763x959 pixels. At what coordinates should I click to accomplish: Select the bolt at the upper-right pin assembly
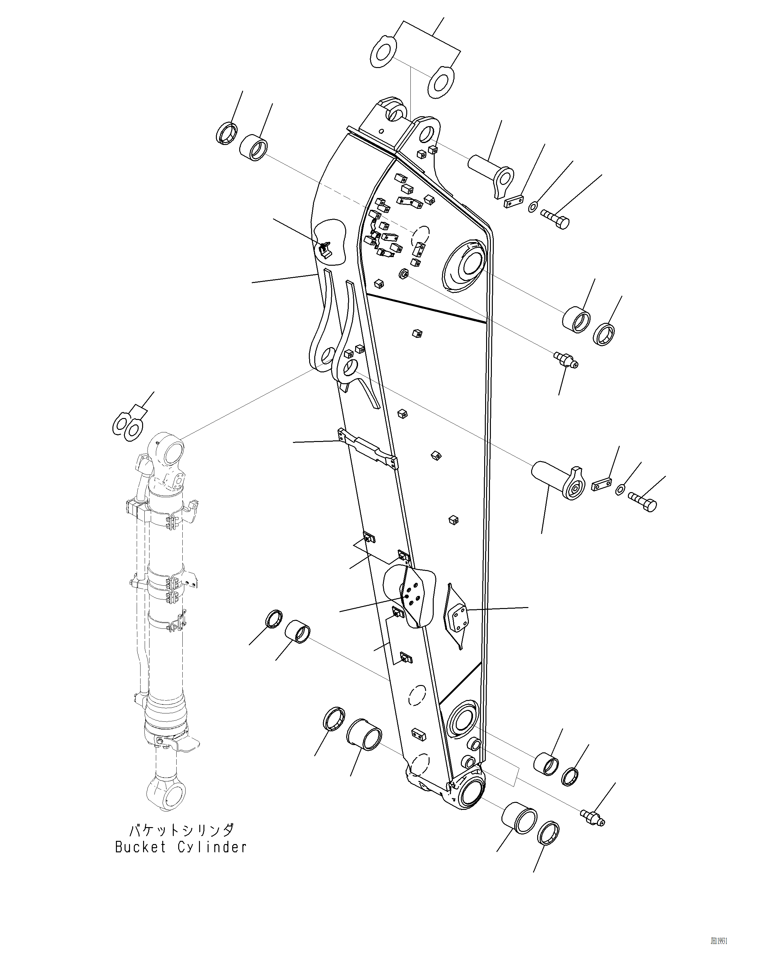click(x=556, y=218)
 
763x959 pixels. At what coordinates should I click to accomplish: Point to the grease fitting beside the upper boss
click(x=566, y=359)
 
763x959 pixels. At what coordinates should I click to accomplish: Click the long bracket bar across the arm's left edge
click(x=368, y=448)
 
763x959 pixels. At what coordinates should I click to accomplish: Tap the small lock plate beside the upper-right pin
click(x=514, y=202)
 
